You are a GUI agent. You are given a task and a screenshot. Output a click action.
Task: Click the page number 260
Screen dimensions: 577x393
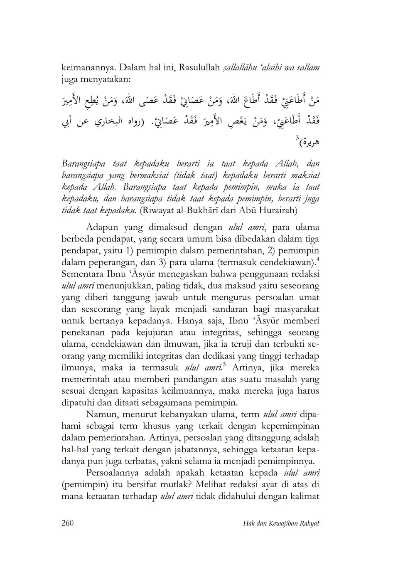67,523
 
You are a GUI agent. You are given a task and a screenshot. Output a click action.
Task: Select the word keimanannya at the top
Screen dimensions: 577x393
86,67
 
